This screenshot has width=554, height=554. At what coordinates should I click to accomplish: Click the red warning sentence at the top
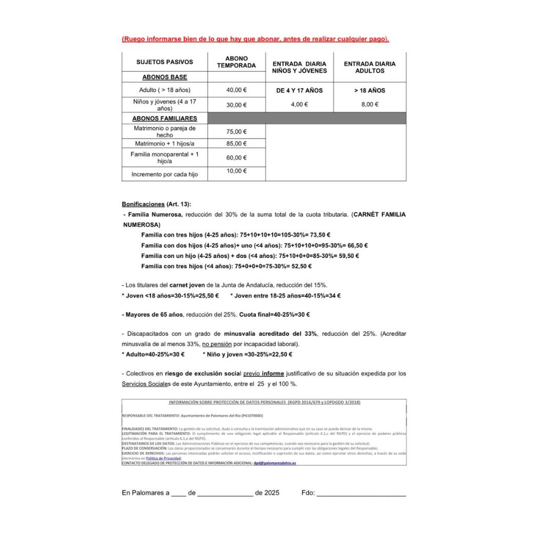(255, 39)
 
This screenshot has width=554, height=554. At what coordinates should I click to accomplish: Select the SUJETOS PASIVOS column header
(165, 62)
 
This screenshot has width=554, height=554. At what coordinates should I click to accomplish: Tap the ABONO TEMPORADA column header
(236, 62)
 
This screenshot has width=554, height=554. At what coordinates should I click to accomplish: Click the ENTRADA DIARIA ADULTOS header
(369, 67)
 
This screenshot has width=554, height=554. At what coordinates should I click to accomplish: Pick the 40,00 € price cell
(236, 90)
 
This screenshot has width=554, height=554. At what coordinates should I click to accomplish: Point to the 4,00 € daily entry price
(299, 105)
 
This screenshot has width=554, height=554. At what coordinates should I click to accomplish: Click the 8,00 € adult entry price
(369, 105)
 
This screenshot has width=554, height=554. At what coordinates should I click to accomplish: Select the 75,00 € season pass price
(236, 132)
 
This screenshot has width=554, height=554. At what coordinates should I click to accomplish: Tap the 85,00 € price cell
(236, 144)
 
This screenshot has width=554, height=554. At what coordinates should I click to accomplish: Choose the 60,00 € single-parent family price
(236, 158)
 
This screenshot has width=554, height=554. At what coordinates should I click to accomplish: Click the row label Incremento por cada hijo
(165, 174)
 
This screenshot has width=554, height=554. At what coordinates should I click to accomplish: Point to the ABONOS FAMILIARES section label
(165, 118)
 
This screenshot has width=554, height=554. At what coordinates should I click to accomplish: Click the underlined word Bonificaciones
(143, 204)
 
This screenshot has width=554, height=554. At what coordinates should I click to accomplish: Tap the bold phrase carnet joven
(187, 285)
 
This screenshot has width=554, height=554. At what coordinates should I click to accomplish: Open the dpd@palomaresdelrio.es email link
(274, 463)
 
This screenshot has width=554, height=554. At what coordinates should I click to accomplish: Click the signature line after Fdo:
(361, 494)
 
